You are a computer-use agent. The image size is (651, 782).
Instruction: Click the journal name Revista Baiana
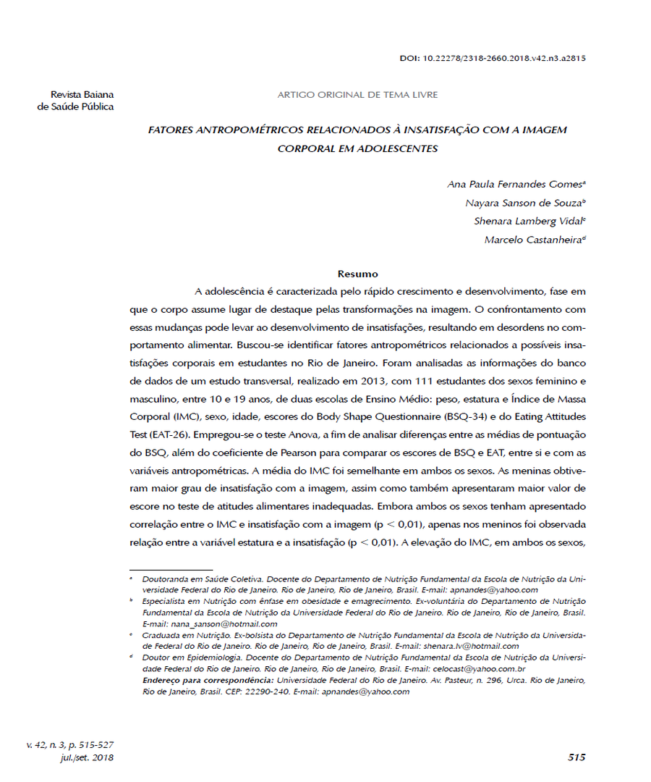click(x=82, y=95)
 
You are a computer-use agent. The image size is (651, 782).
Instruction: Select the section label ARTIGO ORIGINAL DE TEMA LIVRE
click(x=357, y=95)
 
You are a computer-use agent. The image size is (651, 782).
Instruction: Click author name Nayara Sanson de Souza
click(x=522, y=203)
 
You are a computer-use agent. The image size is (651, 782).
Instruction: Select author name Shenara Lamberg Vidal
click(x=524, y=221)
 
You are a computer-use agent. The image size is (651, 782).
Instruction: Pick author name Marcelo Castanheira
click(x=532, y=240)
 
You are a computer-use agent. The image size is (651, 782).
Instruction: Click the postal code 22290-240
click(x=267, y=691)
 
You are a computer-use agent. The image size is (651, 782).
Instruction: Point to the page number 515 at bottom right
click(x=576, y=757)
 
